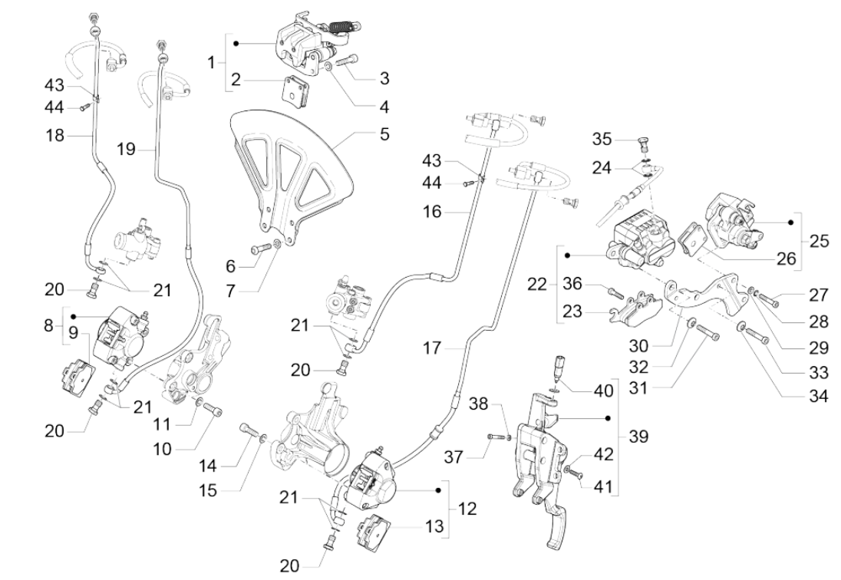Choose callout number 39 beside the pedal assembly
(638, 437)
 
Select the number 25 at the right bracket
(819, 240)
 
